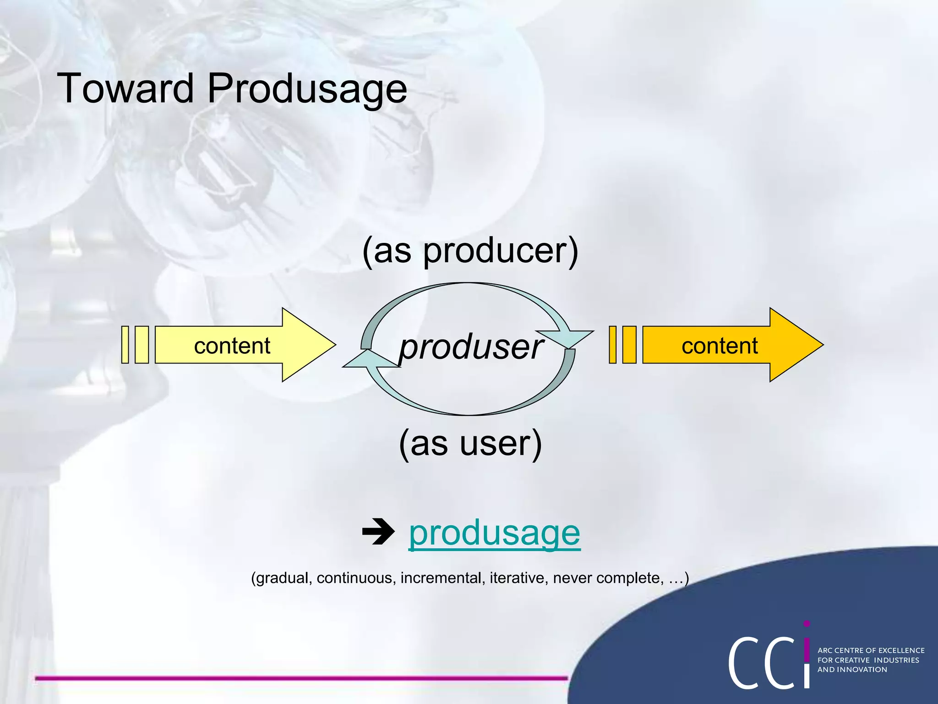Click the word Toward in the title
click(x=125, y=88)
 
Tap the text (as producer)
click(x=470, y=251)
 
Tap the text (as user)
click(x=470, y=443)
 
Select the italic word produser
click(x=470, y=347)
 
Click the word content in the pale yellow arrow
click(x=232, y=346)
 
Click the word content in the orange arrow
click(x=719, y=346)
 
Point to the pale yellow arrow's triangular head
click(x=305, y=345)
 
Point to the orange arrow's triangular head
click(x=792, y=345)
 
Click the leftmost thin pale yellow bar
click(x=125, y=345)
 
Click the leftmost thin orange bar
click(x=612, y=345)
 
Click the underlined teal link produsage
click(x=494, y=533)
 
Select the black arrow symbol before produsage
click(x=378, y=532)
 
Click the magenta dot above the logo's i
click(x=807, y=624)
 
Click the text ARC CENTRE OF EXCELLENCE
click(x=871, y=650)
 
